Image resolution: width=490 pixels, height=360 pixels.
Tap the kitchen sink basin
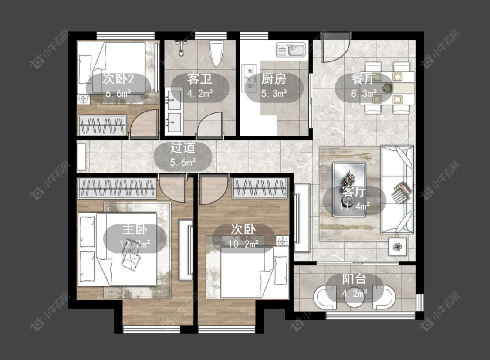tap(291, 50)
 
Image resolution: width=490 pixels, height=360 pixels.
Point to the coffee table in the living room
tap(349, 190)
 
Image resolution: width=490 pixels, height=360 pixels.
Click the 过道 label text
tap(183, 148)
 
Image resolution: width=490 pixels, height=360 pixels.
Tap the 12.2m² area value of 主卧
tap(135, 244)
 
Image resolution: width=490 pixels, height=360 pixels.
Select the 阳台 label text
tap(354, 279)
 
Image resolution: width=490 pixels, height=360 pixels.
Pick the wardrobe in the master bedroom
tap(116, 188)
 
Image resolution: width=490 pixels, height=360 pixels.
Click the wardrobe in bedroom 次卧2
tap(102, 126)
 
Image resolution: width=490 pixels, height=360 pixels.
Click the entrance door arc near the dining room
tap(335, 51)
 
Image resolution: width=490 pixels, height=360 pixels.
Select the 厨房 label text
tap(274, 79)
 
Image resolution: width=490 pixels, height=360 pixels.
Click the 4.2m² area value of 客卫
tap(200, 94)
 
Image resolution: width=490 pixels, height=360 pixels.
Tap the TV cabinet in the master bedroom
tap(185, 250)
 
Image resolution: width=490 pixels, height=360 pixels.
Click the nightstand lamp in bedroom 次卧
tap(283, 241)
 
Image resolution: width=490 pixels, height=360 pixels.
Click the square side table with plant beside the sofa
tap(398, 247)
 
